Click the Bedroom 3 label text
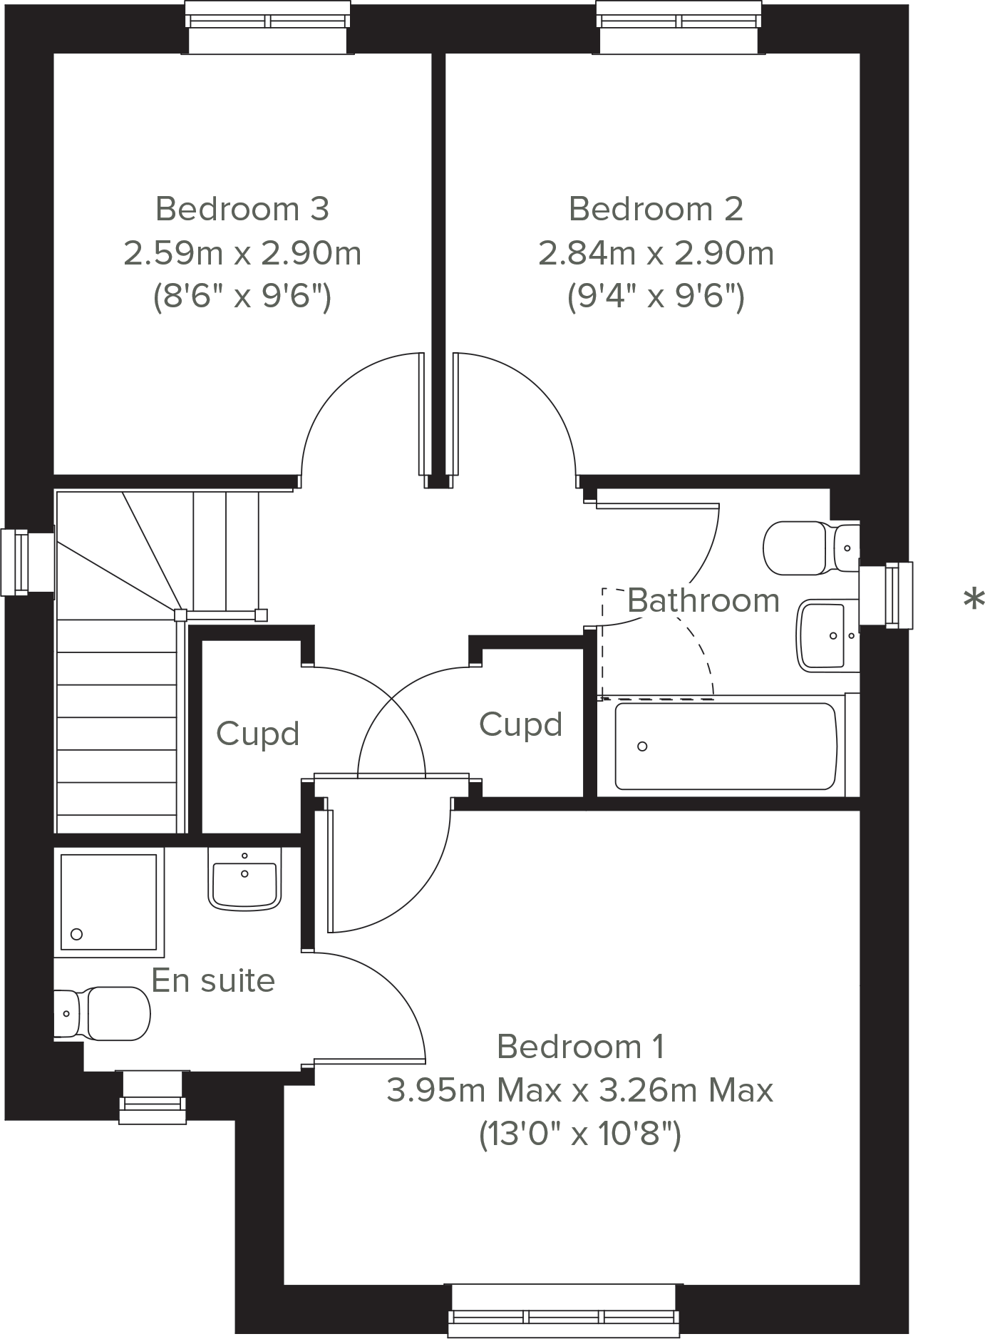click(242, 209)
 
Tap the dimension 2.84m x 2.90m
click(656, 253)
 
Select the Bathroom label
click(703, 600)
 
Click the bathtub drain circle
click(642, 747)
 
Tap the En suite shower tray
click(108, 902)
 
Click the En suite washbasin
click(244, 881)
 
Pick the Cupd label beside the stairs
click(257, 734)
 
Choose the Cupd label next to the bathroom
click(520, 724)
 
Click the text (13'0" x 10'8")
click(579, 1134)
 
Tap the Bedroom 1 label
click(580, 1047)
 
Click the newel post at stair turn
click(180, 615)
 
